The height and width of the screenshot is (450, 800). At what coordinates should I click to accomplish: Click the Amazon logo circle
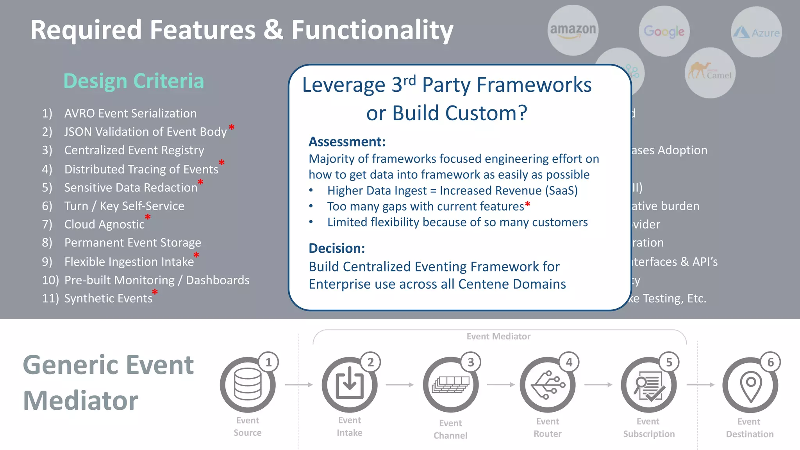tap(573, 30)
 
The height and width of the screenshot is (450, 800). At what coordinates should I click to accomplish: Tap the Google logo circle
tap(664, 31)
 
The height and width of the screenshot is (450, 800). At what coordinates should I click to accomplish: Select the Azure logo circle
tap(756, 32)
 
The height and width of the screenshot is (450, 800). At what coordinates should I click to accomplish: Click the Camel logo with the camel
tap(710, 73)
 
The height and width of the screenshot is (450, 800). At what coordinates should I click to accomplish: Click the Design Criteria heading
tap(134, 81)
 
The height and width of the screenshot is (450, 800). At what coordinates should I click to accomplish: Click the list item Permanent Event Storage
tap(132, 243)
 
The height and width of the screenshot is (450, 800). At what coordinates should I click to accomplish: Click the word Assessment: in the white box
tap(347, 141)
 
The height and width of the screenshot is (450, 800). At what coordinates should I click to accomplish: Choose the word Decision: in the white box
tap(337, 248)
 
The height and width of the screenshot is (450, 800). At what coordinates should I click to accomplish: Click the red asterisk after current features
tap(528, 205)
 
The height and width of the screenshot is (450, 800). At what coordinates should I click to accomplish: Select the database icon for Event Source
tap(247, 385)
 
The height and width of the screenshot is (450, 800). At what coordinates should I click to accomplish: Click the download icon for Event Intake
tap(349, 385)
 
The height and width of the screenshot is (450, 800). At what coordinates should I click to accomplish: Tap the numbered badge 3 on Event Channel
tap(471, 362)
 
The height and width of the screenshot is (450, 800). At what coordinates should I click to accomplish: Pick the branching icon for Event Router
tap(547, 385)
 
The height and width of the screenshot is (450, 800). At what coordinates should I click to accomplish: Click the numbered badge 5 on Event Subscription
tap(669, 362)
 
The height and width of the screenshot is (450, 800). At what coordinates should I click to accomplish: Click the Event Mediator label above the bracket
tap(498, 336)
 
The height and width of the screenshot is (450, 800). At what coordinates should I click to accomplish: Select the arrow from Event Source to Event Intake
tap(299, 385)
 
